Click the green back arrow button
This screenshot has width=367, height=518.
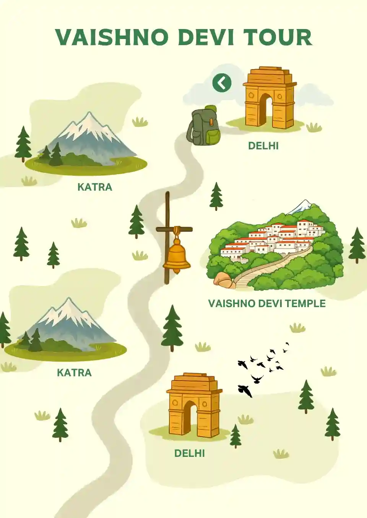click(x=222, y=83)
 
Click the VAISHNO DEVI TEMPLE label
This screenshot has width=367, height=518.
click(x=267, y=304)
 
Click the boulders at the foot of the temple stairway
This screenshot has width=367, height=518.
click(x=224, y=280)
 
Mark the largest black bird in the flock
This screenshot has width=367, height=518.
click(x=245, y=390)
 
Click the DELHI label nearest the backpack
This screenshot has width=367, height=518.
click(x=263, y=146)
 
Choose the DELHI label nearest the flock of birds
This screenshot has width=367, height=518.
click(x=190, y=453)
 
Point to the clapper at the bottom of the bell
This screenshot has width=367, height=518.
click(x=176, y=271)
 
